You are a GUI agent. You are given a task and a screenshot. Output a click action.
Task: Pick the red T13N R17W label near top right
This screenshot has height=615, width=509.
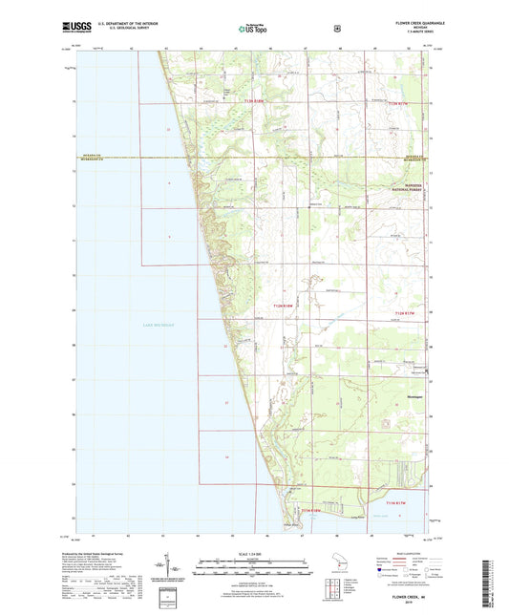click(x=404, y=102)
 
